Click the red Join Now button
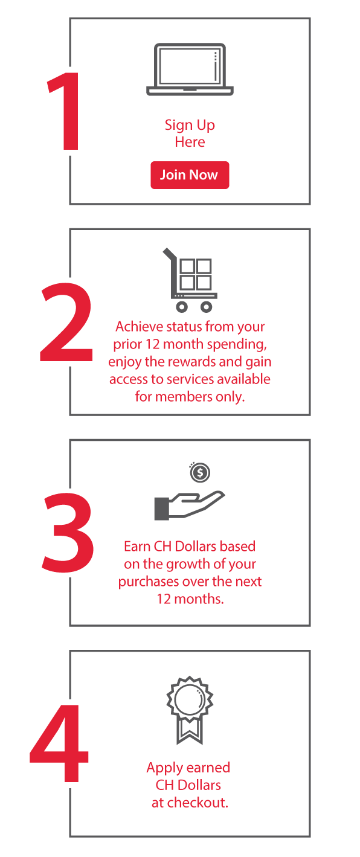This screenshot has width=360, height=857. (x=190, y=175)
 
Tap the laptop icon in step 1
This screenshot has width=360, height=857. (x=190, y=69)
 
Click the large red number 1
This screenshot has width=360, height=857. (x=65, y=111)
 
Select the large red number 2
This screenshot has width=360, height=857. (x=66, y=322)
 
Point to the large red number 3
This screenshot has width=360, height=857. (x=68, y=533)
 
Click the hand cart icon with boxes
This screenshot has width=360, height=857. (x=190, y=280)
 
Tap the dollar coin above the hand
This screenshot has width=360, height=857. (x=200, y=472)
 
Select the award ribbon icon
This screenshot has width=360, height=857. (x=190, y=710)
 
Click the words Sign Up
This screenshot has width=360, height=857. (x=190, y=126)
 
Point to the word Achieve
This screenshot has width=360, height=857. (x=139, y=327)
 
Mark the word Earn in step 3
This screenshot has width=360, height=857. (x=137, y=547)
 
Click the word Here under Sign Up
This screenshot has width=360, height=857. (x=190, y=143)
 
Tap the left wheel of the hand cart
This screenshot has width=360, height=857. (x=182, y=307)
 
